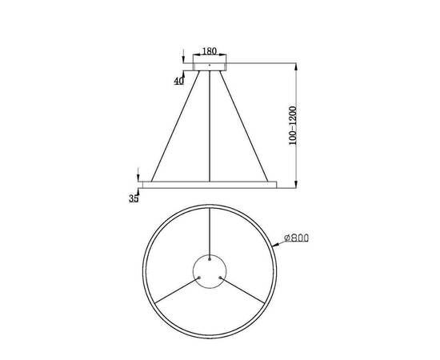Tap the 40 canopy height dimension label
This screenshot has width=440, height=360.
(178, 81)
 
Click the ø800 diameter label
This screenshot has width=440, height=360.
(295, 238)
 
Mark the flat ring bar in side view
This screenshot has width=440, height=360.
(210, 184)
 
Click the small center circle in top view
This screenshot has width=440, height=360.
(210, 277)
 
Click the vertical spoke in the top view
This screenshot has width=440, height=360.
(210, 232)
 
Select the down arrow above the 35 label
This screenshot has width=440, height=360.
(139, 175)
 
